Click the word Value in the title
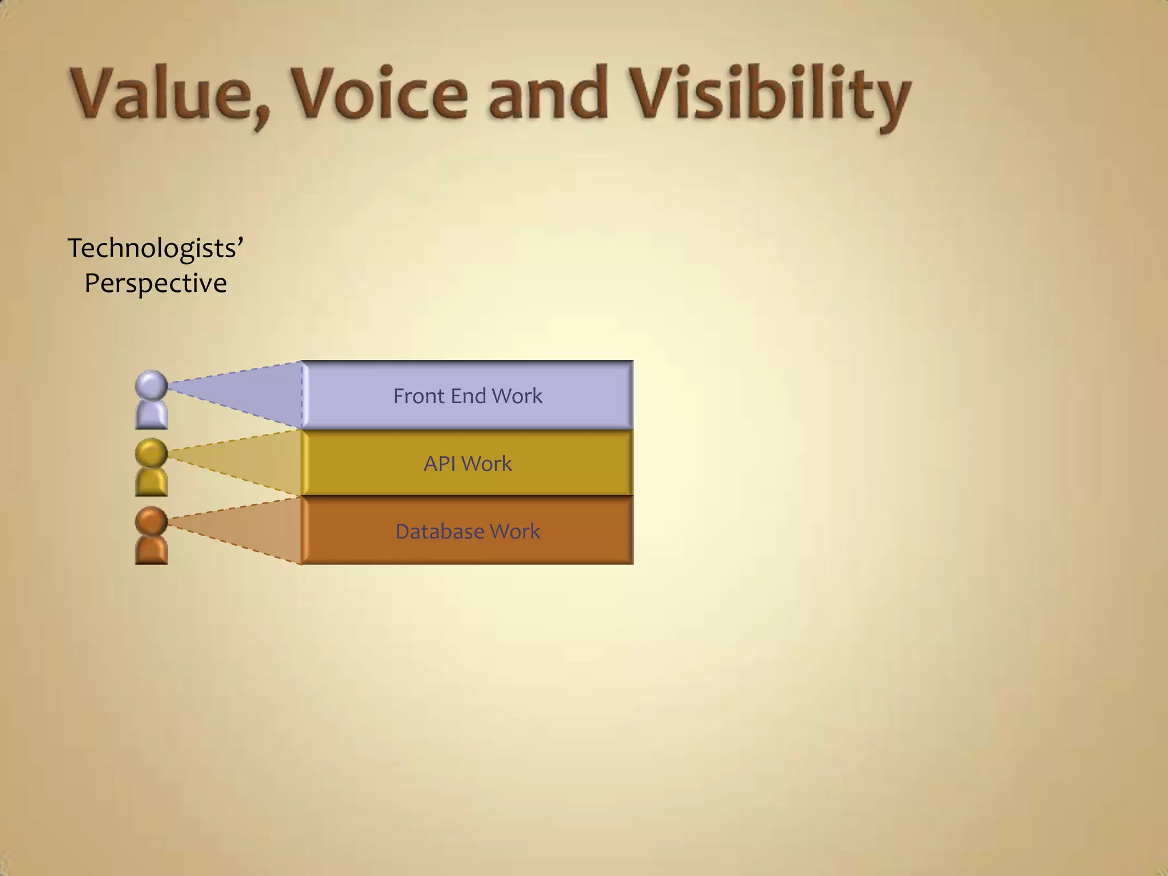coord(163,94)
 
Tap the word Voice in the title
coord(379,94)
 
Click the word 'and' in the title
coord(547,94)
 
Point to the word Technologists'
coord(155,249)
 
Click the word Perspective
coord(155,283)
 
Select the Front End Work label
coord(468,396)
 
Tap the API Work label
coord(468,464)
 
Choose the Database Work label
coord(468,532)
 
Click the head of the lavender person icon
coord(151,385)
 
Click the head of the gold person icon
coord(151,453)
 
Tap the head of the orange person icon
coord(151,521)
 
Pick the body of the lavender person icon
coord(151,416)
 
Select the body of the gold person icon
coord(151,483)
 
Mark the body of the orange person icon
coord(151,551)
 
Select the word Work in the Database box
coord(514,532)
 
